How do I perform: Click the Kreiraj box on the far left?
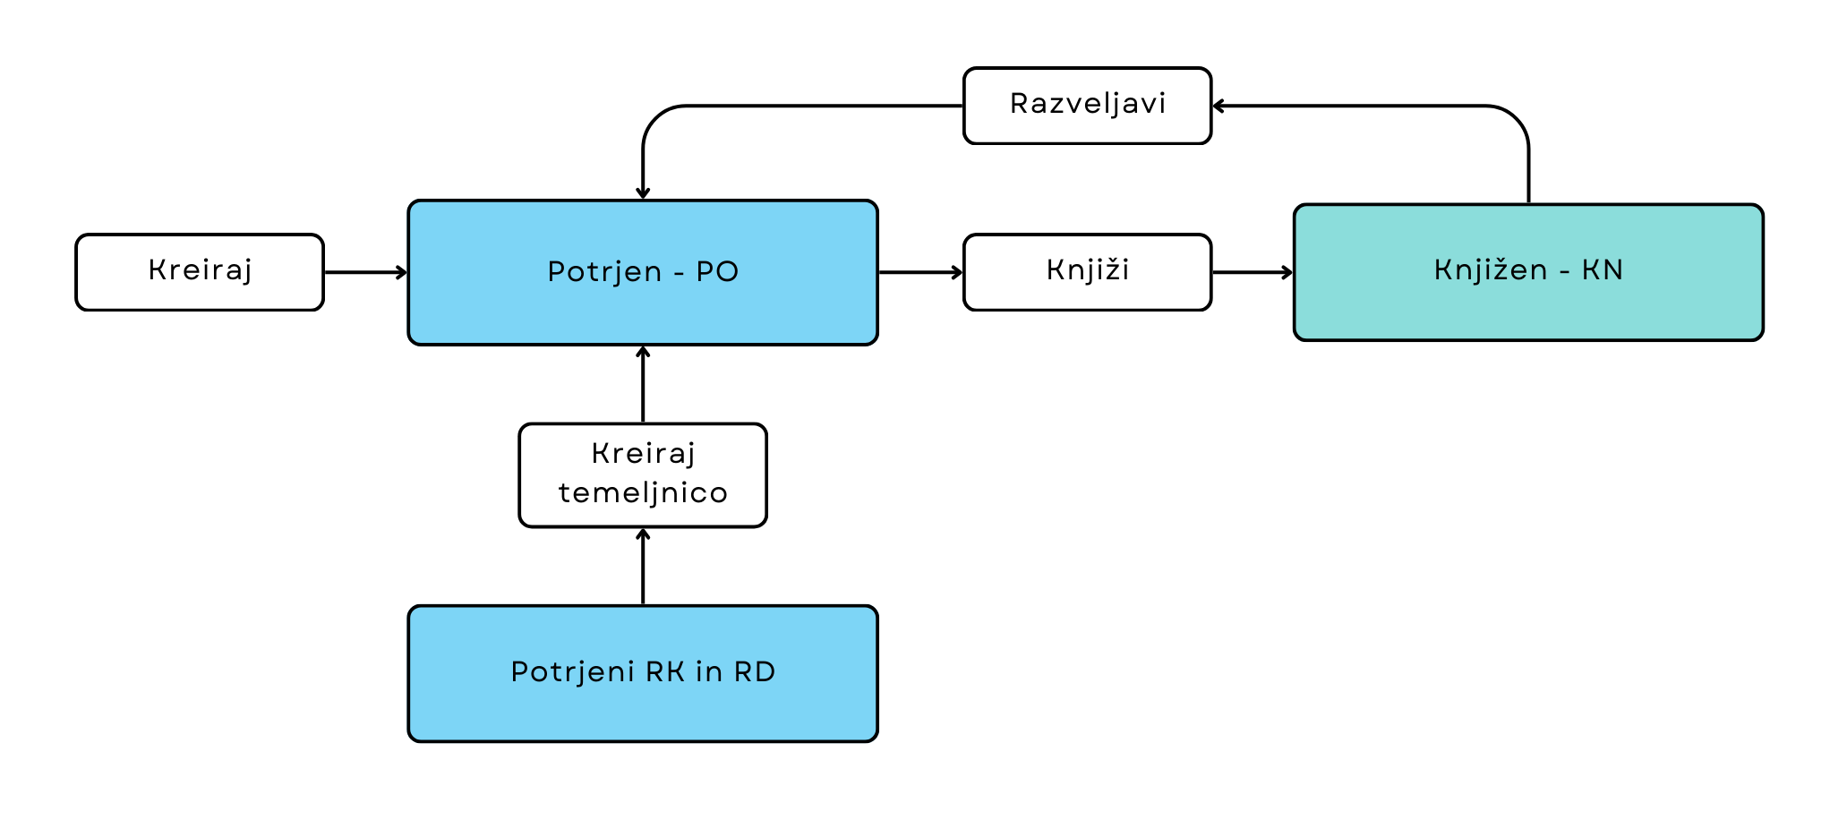click(200, 272)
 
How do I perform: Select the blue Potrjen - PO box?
click(642, 272)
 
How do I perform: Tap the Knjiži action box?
click(1087, 272)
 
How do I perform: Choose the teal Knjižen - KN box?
click(1528, 272)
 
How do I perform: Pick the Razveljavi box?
click(1087, 105)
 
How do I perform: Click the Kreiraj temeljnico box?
click(642, 475)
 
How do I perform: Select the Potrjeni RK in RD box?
click(642, 673)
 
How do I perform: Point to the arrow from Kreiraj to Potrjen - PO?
click(365, 272)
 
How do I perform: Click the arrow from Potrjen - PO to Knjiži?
click(920, 272)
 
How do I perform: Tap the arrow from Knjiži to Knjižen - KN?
click(1252, 272)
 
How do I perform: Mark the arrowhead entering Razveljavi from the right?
click(1219, 106)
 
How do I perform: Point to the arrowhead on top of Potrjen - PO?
click(643, 192)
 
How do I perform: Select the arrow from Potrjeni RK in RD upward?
click(643, 567)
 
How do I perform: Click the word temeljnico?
click(643, 493)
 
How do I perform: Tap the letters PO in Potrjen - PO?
click(717, 272)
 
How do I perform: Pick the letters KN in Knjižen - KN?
click(1602, 270)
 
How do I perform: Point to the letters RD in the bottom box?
click(754, 672)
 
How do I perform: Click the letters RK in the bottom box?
click(665, 672)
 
